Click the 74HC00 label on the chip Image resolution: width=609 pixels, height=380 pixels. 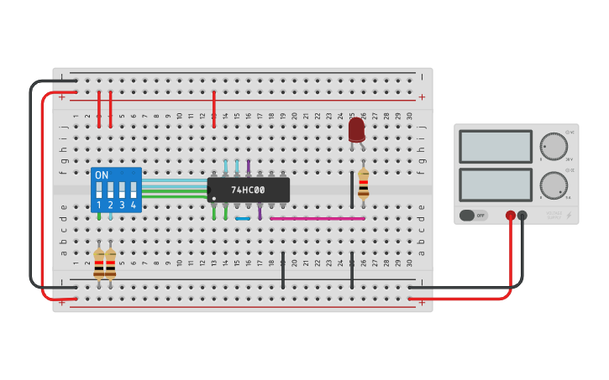[248, 190]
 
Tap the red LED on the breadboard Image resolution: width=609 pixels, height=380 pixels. [356, 129]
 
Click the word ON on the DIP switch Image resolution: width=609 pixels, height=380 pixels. [102, 175]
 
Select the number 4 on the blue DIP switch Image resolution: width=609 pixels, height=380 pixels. [133, 205]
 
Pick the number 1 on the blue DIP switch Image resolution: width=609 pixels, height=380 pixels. [99, 205]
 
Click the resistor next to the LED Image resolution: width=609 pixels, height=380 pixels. [363, 183]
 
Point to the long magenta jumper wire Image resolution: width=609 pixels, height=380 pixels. [317, 218]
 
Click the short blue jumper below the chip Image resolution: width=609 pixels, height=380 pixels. [243, 218]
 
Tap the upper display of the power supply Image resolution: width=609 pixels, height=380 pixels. [495, 146]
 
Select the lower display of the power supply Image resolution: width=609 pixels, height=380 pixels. [495, 185]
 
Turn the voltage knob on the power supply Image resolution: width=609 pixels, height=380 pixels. [553, 146]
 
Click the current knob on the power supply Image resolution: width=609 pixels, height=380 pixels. [553, 185]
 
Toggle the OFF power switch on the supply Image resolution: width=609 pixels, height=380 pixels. [473, 216]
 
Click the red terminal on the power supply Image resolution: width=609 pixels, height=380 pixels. [510, 216]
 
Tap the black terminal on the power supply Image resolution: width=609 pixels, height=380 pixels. [522, 216]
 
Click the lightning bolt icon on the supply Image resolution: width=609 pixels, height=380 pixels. [569, 216]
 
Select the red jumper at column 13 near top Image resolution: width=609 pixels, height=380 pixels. [214, 109]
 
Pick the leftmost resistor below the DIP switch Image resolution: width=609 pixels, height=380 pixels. [99, 263]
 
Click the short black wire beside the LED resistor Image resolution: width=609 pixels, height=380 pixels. [351, 189]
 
